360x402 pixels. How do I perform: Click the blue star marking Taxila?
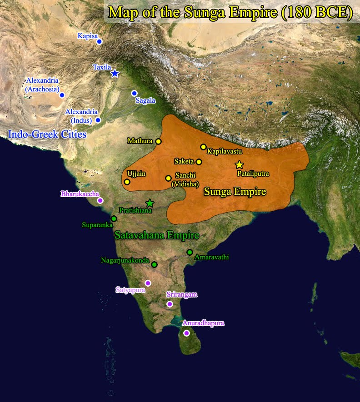point(115,73)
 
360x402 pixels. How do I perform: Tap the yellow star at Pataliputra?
point(239,165)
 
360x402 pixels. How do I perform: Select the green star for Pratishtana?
point(150,203)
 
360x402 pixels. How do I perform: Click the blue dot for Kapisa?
point(100,42)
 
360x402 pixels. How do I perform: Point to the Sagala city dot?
point(134,93)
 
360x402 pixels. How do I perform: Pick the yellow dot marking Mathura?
point(158,141)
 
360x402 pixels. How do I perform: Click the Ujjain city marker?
point(127,182)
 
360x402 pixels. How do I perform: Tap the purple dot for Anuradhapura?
point(186,333)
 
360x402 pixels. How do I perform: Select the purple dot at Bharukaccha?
point(100,200)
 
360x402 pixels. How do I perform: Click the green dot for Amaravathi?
point(190,252)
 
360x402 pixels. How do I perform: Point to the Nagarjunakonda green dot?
point(154,264)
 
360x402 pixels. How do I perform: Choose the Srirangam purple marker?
point(170,304)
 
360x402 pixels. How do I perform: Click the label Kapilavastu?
point(225,150)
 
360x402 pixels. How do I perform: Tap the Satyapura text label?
point(131,289)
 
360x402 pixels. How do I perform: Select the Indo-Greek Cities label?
point(47,134)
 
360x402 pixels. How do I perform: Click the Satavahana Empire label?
point(157,236)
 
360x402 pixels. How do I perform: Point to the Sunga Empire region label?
point(235,192)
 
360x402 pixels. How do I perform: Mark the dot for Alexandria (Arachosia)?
point(62,95)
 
